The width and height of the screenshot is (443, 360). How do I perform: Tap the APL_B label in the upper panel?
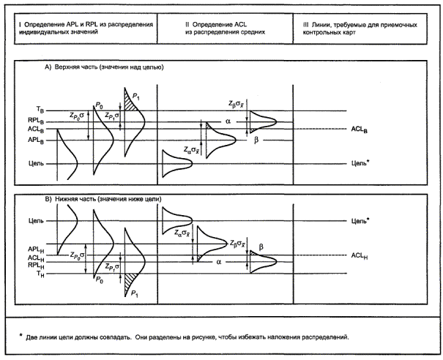coord(36,138)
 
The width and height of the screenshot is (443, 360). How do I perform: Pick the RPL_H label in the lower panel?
coord(35,266)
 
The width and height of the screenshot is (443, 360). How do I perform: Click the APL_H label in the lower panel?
coord(35,249)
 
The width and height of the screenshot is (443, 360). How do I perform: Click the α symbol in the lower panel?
coord(219,261)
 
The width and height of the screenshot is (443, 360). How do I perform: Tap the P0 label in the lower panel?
coord(98,280)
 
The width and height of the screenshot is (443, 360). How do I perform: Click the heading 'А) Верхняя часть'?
coord(103,67)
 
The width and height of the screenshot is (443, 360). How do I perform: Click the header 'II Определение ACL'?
coord(225,29)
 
